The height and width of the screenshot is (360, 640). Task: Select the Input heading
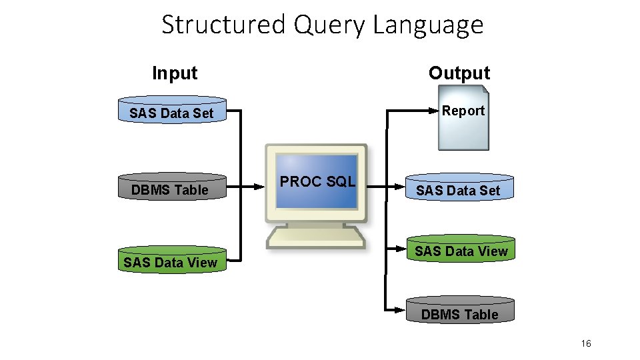coord(175,73)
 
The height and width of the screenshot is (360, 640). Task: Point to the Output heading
coord(459,73)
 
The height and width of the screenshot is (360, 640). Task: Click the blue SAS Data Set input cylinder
coord(172,111)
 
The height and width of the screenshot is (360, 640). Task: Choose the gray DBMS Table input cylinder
coord(172,188)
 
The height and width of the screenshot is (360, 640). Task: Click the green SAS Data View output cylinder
coord(461,250)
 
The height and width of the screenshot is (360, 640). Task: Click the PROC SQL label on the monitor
coord(317,181)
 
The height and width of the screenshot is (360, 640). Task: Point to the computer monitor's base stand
coord(316,237)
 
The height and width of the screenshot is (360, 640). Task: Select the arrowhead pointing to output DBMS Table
coord(401,309)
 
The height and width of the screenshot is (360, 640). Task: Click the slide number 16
coord(586,344)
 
